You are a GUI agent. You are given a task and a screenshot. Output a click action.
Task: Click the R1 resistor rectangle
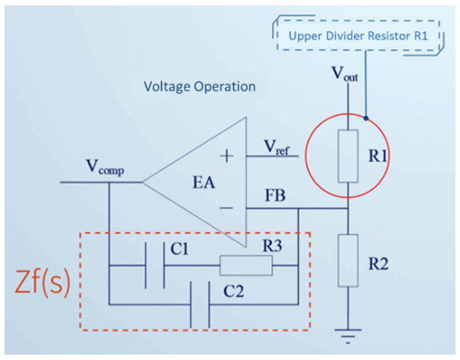pos(348,156)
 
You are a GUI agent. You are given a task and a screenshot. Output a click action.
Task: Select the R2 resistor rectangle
pos(348,260)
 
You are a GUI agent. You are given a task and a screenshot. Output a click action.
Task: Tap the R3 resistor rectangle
pos(246,266)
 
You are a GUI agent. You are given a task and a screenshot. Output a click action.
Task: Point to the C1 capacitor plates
pos(154,266)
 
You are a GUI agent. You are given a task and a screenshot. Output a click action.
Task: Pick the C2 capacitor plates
pos(200,304)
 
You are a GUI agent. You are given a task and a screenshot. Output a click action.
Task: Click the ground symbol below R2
pos(348,336)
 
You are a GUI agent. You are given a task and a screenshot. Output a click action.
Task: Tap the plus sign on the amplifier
pos(227,155)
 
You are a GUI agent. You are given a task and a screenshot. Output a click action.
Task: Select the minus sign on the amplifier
pos(226,209)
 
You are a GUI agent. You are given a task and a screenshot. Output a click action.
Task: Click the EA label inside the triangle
pos(204,183)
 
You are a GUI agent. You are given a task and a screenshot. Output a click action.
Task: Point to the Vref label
pos(276,147)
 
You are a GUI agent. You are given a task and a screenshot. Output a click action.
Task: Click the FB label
pos(275,196)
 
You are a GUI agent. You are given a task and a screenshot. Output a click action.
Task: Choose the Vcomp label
pos(105,167)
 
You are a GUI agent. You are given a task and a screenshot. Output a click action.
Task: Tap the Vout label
pos(344,74)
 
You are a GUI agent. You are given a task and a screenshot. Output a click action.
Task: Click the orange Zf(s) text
pos(43,282)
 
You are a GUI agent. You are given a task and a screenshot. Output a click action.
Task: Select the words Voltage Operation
pos(199,87)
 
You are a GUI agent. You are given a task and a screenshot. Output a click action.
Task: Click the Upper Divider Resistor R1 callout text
pos(358,36)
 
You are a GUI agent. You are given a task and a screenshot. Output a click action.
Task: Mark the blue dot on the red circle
pos(366,118)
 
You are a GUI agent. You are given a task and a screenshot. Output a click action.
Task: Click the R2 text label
pos(379,263)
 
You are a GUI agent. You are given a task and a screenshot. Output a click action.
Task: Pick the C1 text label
pos(179,249)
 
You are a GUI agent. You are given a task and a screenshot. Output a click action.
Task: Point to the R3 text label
pos(272,246)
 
